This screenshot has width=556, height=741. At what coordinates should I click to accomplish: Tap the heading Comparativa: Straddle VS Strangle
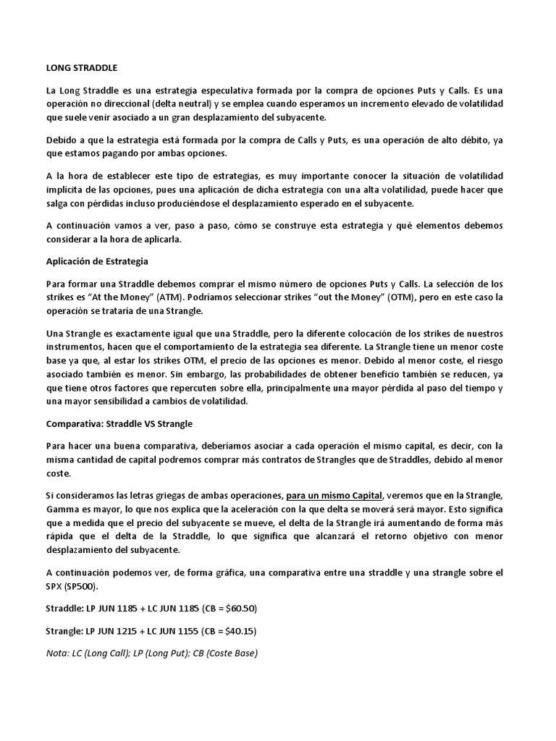119,423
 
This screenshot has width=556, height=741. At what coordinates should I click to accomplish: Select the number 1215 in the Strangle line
142,631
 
